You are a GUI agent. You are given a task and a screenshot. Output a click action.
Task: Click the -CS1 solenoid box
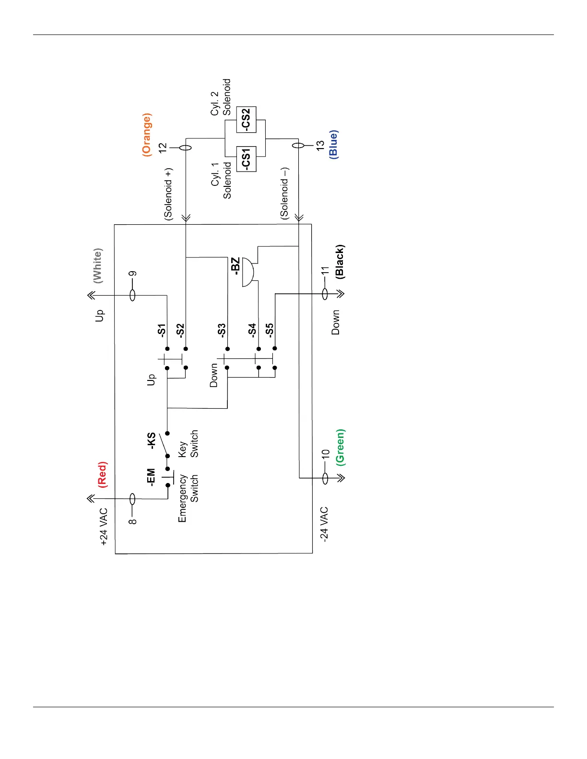(247, 159)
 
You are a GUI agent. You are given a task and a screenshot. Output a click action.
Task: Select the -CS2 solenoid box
(247, 119)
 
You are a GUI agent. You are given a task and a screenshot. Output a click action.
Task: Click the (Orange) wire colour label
(147, 134)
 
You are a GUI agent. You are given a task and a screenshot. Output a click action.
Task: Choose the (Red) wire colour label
(102, 474)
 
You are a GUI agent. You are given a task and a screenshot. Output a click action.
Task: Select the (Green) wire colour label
(340, 447)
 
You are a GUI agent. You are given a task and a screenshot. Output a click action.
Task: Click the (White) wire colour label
(98, 266)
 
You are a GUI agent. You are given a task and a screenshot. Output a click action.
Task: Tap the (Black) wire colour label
(340, 262)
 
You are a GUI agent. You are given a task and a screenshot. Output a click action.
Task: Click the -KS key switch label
(151, 440)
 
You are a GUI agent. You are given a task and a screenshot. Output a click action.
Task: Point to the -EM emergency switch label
(151, 477)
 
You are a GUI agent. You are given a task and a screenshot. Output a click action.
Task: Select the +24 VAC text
(104, 527)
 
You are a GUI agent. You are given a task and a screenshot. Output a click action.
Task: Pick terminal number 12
(163, 148)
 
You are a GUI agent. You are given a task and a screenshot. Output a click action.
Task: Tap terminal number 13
(320, 146)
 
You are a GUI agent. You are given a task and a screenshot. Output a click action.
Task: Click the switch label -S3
(221, 330)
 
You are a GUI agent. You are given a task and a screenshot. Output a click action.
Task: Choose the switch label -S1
(162, 330)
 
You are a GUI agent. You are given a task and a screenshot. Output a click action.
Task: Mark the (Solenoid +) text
(168, 194)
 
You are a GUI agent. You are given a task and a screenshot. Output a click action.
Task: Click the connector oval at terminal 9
(133, 295)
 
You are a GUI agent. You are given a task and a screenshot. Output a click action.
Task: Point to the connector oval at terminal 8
(133, 500)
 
